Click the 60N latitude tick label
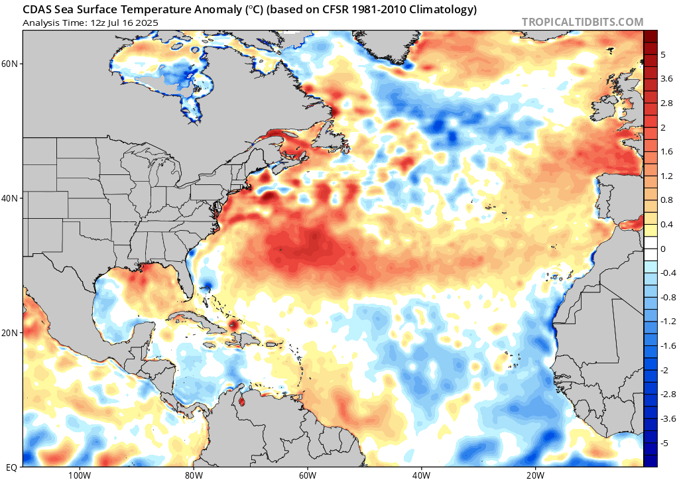pos(10,64)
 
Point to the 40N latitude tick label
pos(10,198)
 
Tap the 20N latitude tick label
pos(10,332)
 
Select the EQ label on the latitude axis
pos(11,466)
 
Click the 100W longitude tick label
pos(79,474)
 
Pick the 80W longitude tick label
pos(193,474)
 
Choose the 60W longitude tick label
pos(307,474)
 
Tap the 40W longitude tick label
pos(421,474)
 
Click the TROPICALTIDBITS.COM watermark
pos(582,22)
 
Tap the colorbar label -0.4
pos(666,272)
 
